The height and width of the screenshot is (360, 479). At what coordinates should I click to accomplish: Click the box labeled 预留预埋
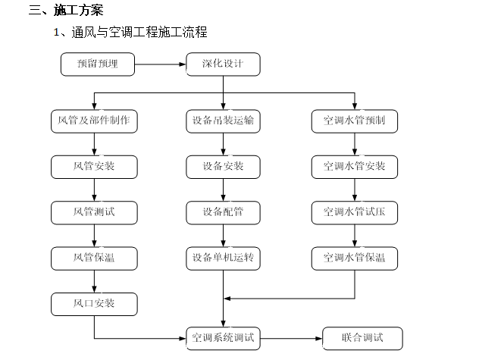[x=97, y=64]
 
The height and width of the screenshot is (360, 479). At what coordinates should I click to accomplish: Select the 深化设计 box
[x=223, y=64]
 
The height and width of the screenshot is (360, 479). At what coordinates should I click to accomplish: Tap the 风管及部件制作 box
[x=94, y=121]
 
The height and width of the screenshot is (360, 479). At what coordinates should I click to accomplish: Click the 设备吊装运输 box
[x=223, y=121]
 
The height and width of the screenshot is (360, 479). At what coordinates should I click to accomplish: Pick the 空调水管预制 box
[x=354, y=121]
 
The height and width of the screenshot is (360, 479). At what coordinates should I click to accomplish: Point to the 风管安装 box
[x=94, y=167]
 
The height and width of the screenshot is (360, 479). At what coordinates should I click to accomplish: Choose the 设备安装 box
[x=223, y=167]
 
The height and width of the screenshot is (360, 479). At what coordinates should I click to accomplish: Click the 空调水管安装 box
[x=354, y=167]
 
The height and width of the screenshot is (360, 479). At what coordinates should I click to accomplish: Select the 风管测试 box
[x=94, y=212]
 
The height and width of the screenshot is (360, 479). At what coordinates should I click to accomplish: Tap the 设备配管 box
[x=223, y=212]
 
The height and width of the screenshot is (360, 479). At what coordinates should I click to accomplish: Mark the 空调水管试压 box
[x=354, y=212]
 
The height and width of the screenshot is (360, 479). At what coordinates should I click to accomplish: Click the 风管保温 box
[x=94, y=258]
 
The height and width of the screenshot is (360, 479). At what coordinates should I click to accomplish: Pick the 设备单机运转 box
[x=223, y=258]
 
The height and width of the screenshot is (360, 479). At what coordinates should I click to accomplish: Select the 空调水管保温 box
[x=354, y=258]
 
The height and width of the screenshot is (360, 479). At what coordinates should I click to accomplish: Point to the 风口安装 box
[x=94, y=304]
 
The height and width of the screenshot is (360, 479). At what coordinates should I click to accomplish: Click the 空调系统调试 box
[x=223, y=338]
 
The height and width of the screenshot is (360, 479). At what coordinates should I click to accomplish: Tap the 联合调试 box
[x=363, y=338]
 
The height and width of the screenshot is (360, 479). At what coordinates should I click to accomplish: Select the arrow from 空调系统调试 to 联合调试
[x=291, y=338]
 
